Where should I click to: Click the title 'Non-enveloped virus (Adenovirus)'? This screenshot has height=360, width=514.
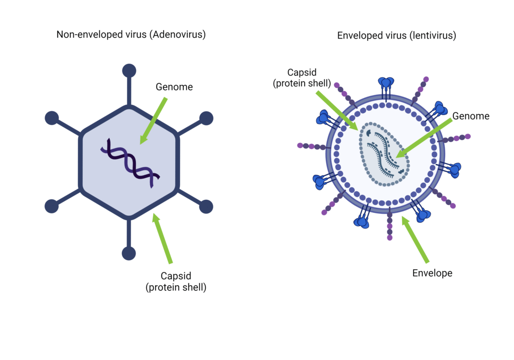(131, 35)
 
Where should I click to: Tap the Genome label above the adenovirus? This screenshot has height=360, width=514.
(174, 87)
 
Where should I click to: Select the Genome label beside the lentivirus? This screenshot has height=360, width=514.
(470, 116)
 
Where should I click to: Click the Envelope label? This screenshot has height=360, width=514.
(432, 273)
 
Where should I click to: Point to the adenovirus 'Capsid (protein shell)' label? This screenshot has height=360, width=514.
(176, 282)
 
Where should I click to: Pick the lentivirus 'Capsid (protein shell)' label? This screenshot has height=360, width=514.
(302, 78)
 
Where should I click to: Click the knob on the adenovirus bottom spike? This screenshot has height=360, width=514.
(129, 254)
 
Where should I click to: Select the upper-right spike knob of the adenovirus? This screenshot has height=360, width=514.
(206, 118)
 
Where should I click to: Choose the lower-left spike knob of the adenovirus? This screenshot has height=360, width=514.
(52, 206)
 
